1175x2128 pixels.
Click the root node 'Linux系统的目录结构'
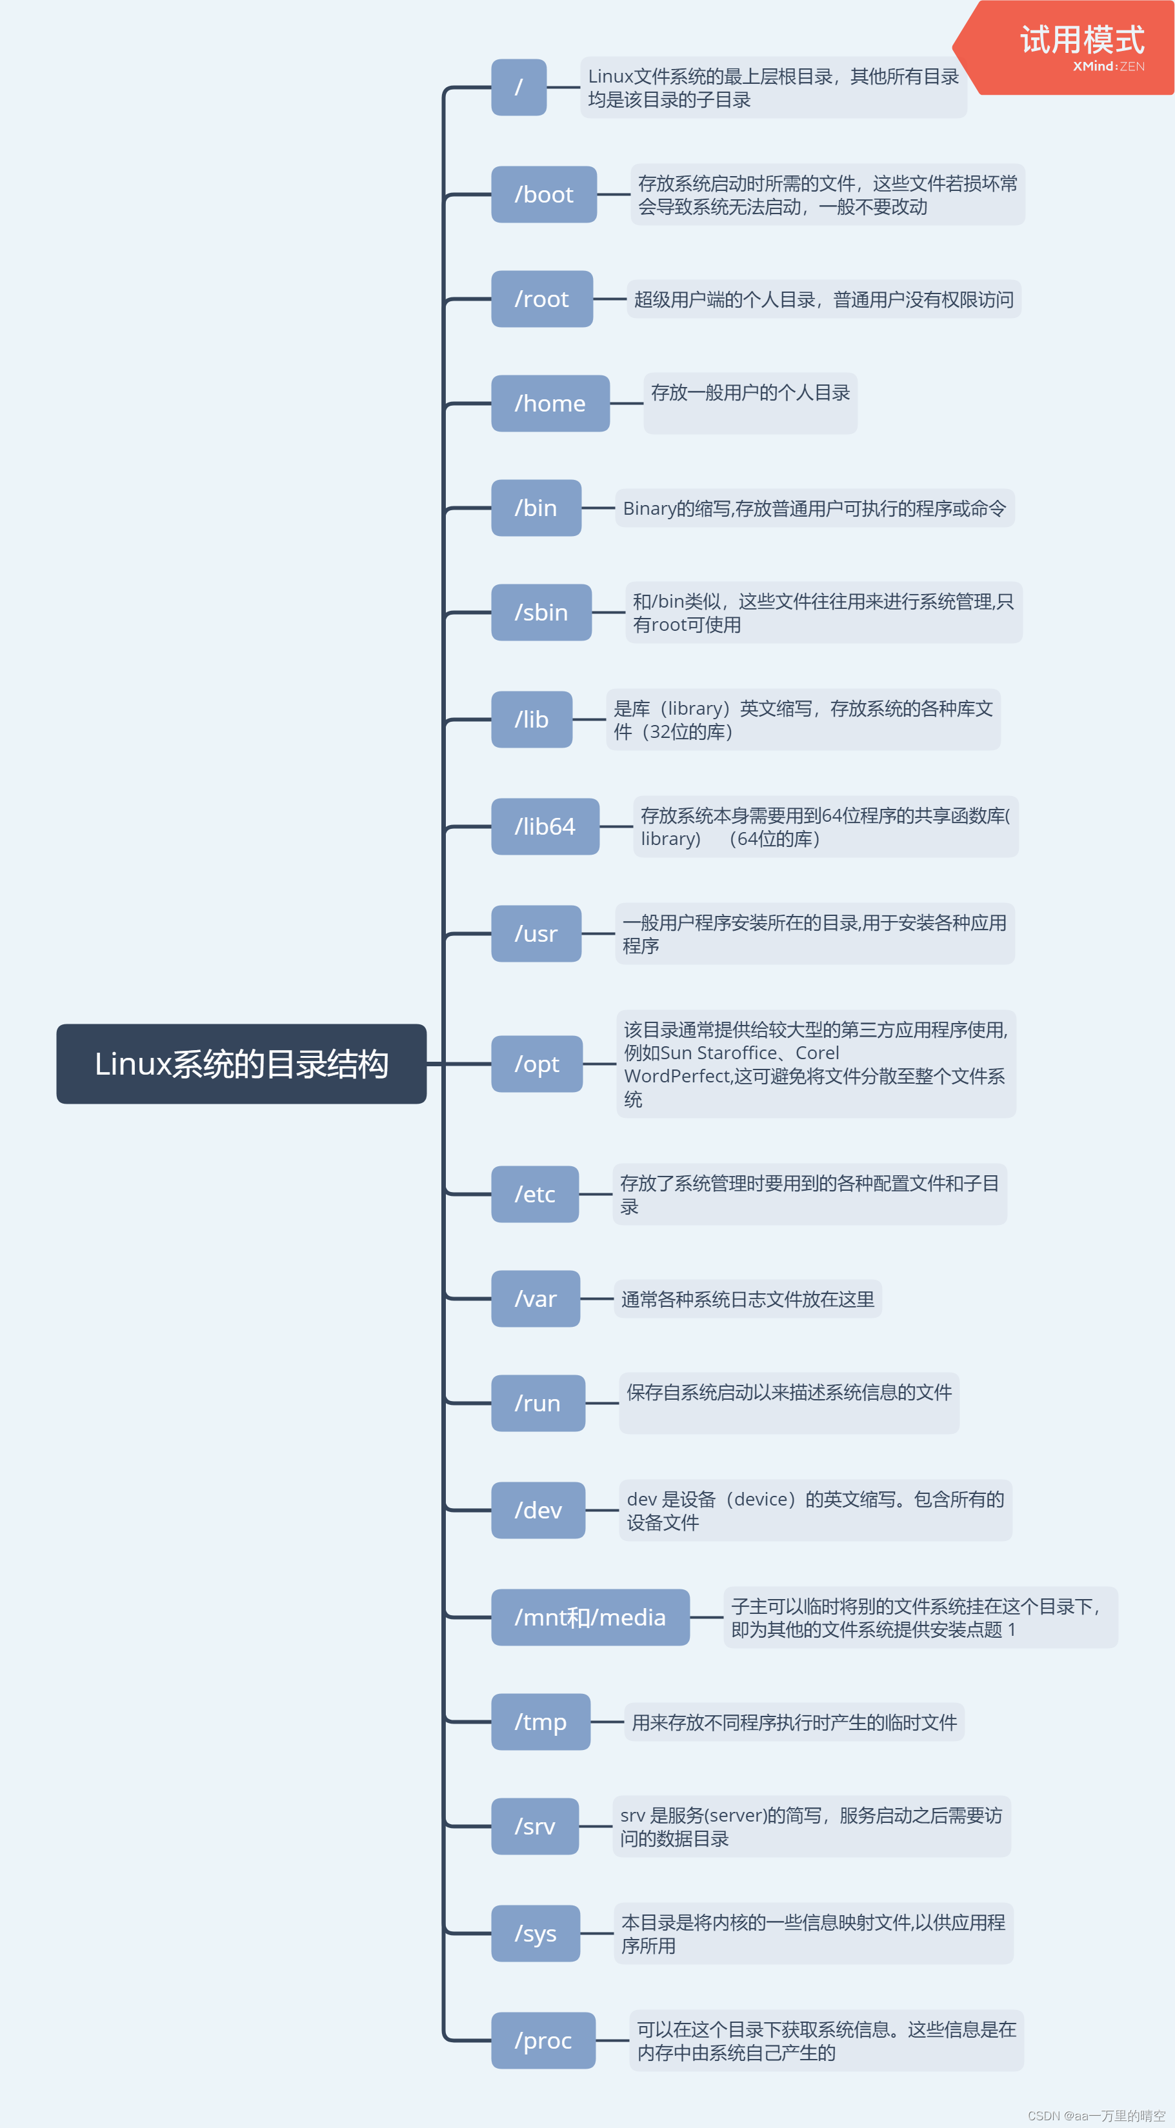click(241, 1064)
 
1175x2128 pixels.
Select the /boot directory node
click(544, 194)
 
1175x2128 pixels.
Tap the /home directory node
click(550, 403)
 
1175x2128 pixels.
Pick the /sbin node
click(541, 612)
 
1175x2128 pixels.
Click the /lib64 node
click(545, 826)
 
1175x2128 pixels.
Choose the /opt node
click(537, 1064)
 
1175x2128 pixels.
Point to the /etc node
click(535, 1194)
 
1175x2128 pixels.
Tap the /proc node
click(543, 2040)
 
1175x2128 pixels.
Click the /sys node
click(536, 1933)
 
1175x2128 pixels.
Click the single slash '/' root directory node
click(519, 86)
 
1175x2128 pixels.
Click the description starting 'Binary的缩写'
click(814, 508)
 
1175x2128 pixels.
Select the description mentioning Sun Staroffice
click(816, 1064)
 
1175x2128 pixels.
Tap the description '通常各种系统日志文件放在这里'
click(747, 1299)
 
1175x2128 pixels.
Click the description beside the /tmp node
click(794, 1722)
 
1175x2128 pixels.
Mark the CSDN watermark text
click(1096, 2116)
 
